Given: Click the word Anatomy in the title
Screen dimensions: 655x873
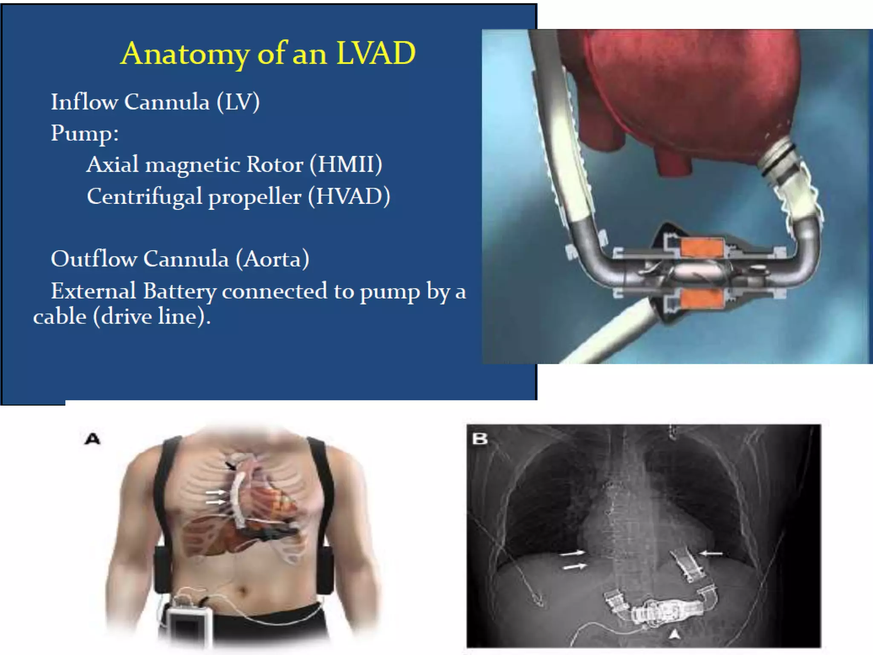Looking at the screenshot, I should (185, 54).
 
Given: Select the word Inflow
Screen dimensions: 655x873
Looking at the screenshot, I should (84, 102).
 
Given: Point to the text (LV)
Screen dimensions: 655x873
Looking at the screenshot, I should (238, 102).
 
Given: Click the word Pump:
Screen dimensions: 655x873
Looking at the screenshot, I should (85, 133).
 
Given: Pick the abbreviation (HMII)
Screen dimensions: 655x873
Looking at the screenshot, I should (346, 164).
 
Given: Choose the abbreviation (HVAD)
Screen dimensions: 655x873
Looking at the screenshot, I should (349, 196).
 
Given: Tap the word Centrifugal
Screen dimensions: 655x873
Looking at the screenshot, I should (145, 197).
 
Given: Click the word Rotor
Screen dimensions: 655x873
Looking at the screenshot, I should (275, 164).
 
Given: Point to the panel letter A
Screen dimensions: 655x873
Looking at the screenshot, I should (93, 439).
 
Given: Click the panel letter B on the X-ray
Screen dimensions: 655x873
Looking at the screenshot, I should (480, 438).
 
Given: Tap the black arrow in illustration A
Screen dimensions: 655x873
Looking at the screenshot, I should (230, 466).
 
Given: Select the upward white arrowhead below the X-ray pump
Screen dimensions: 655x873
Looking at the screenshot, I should (674, 635).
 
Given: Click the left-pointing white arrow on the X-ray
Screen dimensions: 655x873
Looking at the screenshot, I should (711, 554).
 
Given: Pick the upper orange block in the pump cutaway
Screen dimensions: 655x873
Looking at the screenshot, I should (702, 248).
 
